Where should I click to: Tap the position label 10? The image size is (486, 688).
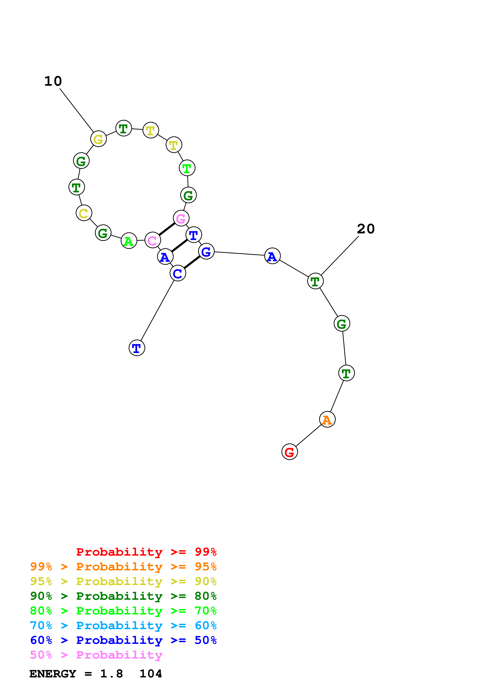(53, 81)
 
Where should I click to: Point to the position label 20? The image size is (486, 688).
(366, 229)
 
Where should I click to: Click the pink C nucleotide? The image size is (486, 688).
(152, 240)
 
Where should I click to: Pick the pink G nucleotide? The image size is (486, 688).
(181, 218)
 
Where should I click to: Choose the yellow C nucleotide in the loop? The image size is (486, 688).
(84, 213)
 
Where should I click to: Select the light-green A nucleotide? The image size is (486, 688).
(129, 241)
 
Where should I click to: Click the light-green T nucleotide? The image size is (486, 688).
(187, 168)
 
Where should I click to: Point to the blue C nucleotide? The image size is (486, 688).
(178, 273)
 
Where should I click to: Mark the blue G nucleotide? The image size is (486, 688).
(206, 251)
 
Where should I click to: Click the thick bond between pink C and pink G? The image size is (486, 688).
(166, 229)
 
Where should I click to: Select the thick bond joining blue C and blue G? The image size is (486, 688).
(192, 262)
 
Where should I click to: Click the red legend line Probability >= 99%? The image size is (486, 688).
(146, 552)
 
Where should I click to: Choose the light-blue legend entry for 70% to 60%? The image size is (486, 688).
(123, 625)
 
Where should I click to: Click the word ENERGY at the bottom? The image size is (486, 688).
(53, 674)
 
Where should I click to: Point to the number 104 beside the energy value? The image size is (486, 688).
(151, 674)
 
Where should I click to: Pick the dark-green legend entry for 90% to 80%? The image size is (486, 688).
(123, 596)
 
